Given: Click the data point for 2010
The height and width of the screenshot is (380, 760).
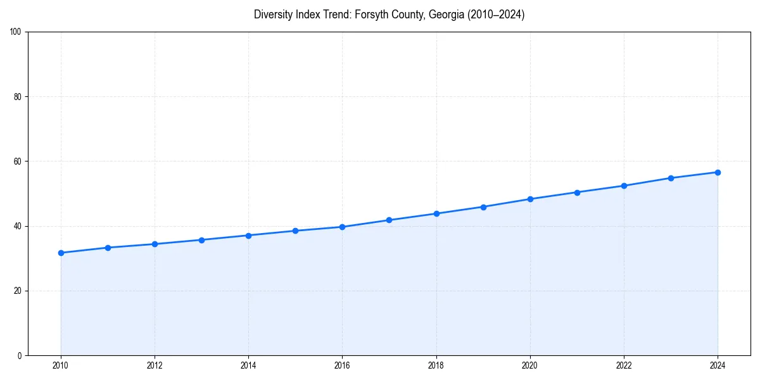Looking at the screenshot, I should coord(61,253).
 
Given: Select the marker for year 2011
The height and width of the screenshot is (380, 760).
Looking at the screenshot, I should coord(108,248).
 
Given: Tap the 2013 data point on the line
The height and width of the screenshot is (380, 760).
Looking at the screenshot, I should coord(201,240).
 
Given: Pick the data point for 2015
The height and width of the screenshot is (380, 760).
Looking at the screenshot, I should coord(295,231).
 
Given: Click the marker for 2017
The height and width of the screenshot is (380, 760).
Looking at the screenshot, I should coord(389,220).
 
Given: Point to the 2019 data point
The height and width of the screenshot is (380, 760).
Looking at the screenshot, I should coord(483,207).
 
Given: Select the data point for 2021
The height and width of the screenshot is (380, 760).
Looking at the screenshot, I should coord(577,193).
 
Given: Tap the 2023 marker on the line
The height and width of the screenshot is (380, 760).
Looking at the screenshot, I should coord(671,178).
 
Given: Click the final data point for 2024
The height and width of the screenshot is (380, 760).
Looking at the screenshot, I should coord(718,172).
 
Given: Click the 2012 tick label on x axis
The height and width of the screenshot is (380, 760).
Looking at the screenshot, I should coord(155,365).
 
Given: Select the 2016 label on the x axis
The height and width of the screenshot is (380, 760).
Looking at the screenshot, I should coord(342,365).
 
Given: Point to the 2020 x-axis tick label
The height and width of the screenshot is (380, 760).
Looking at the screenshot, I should coord(530,365).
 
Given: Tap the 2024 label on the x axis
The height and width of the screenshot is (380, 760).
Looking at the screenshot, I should coord(718,365).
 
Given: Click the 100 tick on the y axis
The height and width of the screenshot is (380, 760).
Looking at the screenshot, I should coord(16,32).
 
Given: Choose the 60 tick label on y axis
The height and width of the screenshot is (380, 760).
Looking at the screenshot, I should coord(18,161).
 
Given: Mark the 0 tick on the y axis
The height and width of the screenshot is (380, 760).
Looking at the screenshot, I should coord(20,355).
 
